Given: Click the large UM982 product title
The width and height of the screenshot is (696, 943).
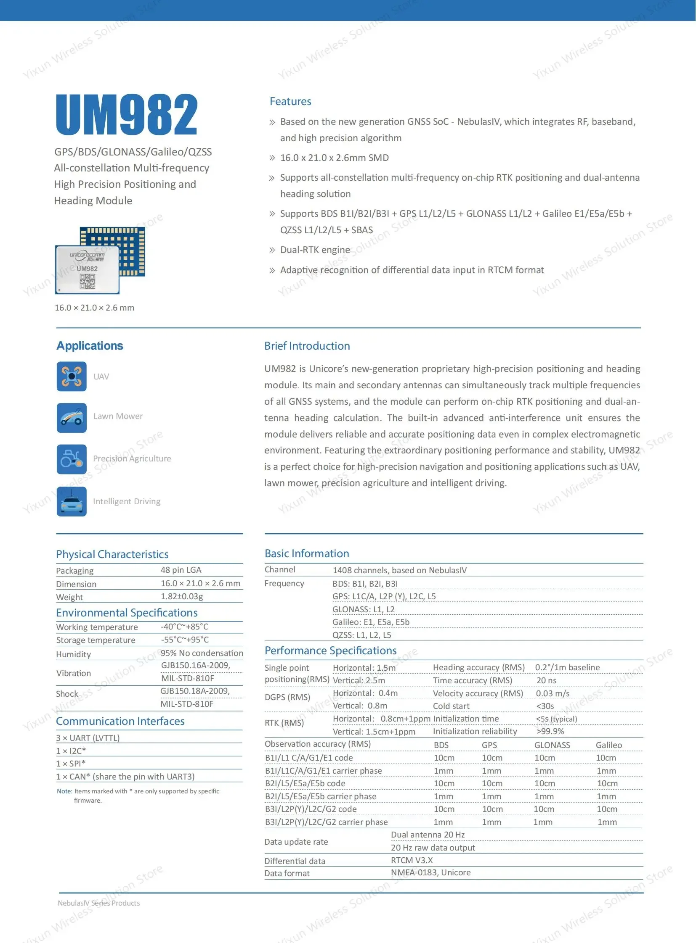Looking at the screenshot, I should tap(126, 114).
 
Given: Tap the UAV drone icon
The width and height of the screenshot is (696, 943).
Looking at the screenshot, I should tap(72, 376).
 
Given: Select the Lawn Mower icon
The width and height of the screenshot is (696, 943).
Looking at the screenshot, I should tap(72, 418).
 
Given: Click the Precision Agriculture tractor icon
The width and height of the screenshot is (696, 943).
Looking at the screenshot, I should tap(72, 459).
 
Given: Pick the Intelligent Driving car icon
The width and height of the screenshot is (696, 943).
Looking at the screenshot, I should tap(72, 501).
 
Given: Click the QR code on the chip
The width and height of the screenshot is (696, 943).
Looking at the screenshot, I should tap(88, 282).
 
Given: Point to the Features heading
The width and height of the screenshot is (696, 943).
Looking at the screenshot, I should tap(290, 101).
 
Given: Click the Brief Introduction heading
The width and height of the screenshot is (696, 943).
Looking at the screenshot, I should tap(307, 346).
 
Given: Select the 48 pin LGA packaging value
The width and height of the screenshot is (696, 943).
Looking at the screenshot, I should tap(181, 570).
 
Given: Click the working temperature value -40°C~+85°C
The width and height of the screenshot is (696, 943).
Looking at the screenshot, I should tap(185, 627).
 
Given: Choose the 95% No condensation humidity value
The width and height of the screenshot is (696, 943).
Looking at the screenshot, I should tap(202, 653).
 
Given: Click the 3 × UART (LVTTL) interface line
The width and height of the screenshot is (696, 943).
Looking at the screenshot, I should tap(88, 738).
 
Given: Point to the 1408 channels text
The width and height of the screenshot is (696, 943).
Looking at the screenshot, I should tap(399, 570).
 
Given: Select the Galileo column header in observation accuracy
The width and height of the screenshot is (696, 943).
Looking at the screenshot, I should tap(608, 745).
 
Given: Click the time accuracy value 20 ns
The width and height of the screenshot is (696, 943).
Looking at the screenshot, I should tap(546, 680).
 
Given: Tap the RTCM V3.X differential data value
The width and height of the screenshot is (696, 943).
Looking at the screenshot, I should tap(412, 860).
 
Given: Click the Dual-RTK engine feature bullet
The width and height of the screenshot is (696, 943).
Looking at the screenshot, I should tap(315, 250).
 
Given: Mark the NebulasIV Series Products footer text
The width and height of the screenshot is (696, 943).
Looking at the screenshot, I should tap(98, 903).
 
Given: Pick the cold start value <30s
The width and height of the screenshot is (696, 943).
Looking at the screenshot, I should tap(545, 706).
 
